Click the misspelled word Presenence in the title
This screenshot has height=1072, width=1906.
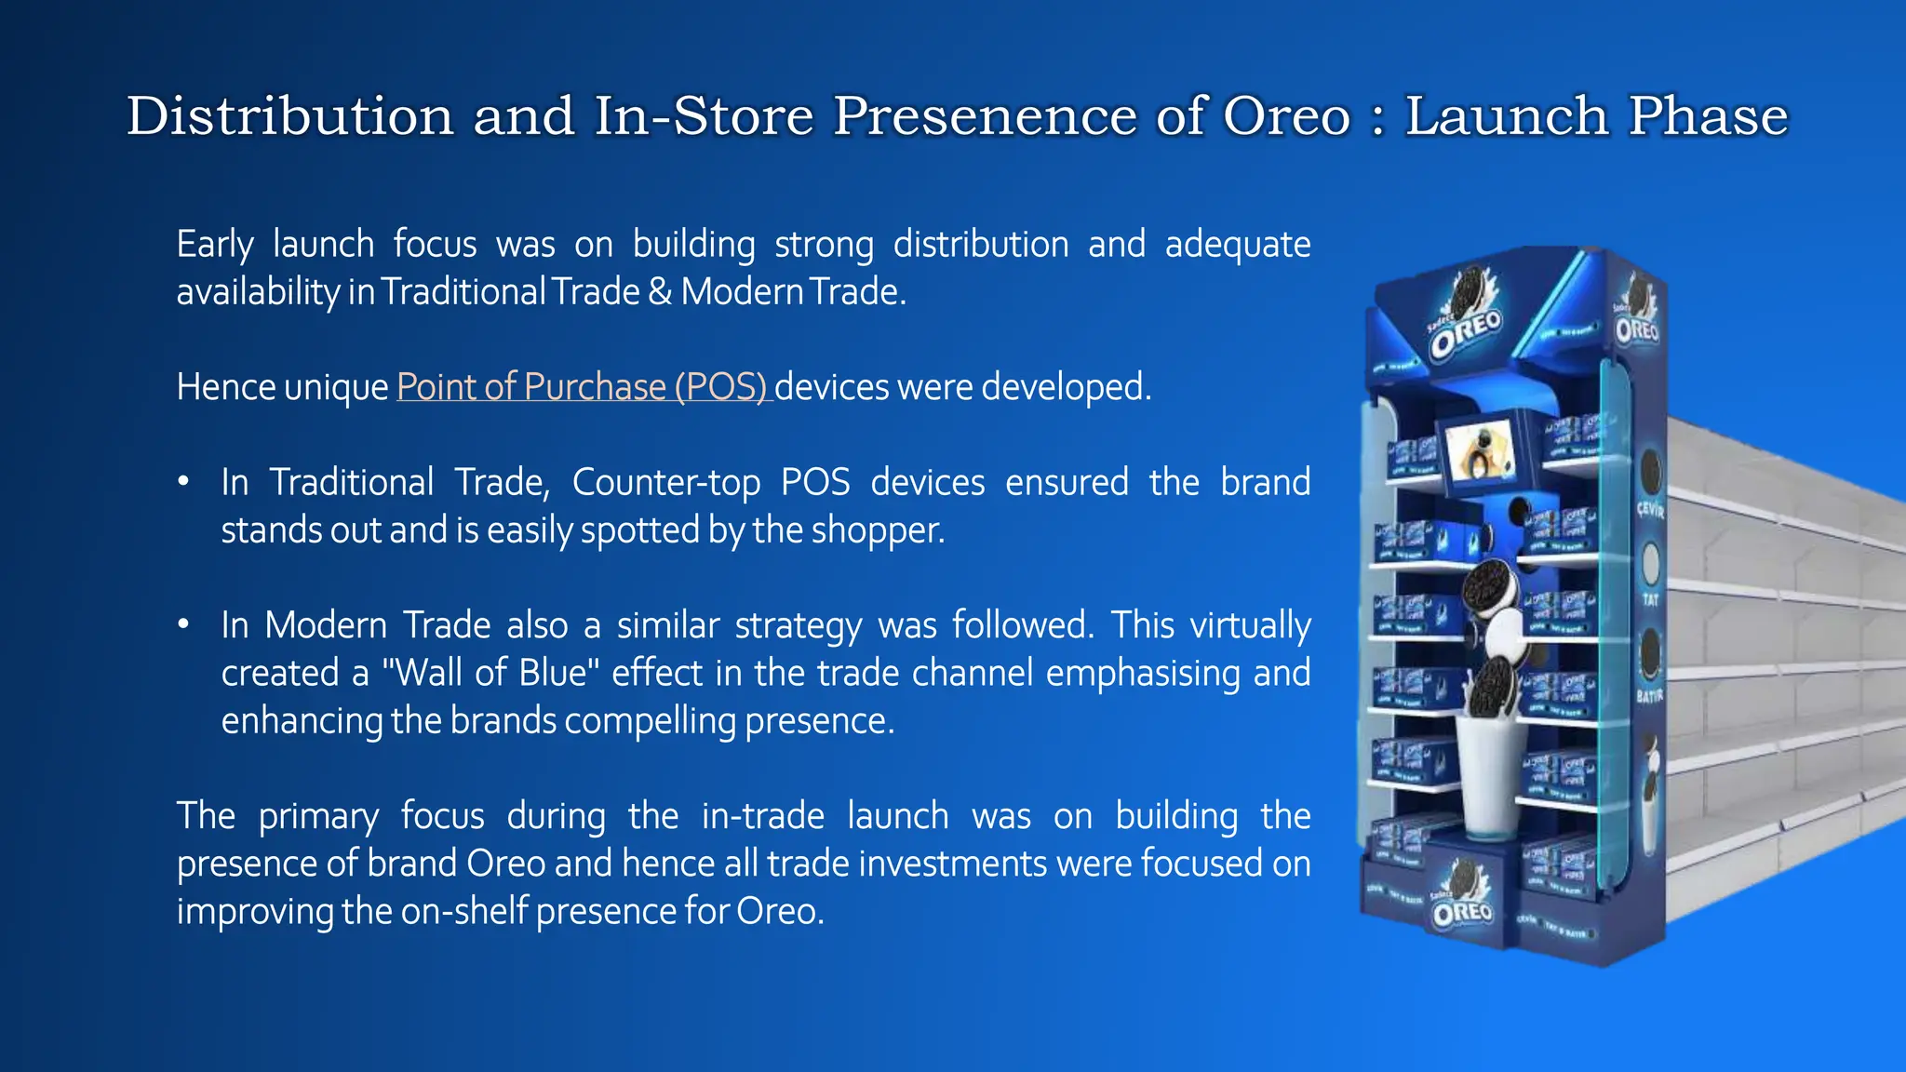(x=985, y=116)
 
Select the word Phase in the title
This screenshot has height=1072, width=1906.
(x=1708, y=116)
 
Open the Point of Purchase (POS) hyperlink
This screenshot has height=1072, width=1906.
(x=583, y=387)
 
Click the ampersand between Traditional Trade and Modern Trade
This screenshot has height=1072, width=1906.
(x=660, y=292)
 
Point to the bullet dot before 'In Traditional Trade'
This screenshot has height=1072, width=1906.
(x=184, y=482)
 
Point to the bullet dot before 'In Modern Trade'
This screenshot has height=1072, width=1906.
(x=184, y=624)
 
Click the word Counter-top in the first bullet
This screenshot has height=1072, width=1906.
(x=665, y=482)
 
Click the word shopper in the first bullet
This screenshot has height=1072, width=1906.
(x=877, y=530)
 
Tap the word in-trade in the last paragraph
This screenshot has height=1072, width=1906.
(x=762, y=816)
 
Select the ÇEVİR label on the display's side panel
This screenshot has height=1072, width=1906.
(x=1650, y=511)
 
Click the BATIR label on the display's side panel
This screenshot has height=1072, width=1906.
(x=1649, y=696)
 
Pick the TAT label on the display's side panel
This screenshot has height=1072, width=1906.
(x=1650, y=600)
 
